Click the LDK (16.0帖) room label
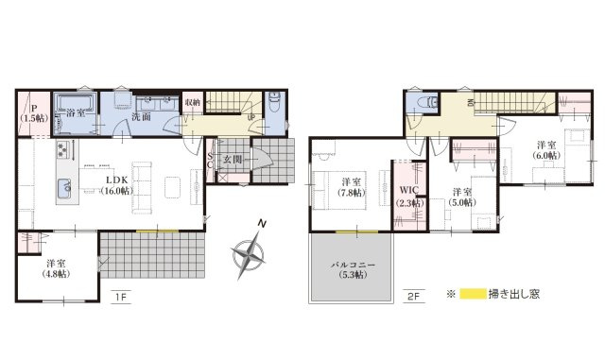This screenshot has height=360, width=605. pyautogui.click(x=118, y=184)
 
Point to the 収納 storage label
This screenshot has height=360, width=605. pyautogui.click(x=193, y=103)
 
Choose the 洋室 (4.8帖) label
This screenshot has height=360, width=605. pyautogui.click(x=56, y=268)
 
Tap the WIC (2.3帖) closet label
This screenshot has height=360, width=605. pyautogui.click(x=410, y=197)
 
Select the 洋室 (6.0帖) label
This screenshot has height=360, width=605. pyautogui.click(x=546, y=150)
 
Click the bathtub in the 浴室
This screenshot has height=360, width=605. pyautogui.click(x=71, y=99)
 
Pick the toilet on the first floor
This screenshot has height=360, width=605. pyautogui.click(x=272, y=103)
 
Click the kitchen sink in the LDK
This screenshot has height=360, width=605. pyautogui.click(x=63, y=186)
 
